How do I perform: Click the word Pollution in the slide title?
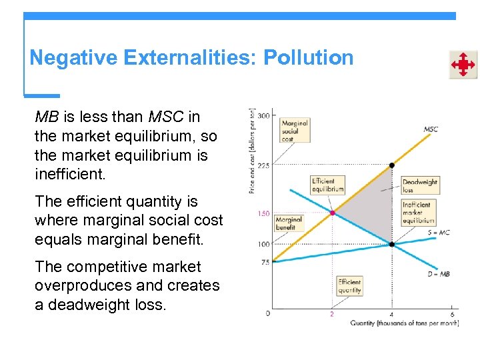point(308,58)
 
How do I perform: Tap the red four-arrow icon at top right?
point(463,65)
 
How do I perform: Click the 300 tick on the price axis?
point(263,116)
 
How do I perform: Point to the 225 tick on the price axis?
point(263,165)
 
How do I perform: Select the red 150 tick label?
point(263,214)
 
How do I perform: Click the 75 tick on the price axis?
point(265,262)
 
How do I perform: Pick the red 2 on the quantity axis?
point(331,314)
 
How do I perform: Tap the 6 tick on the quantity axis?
point(452,314)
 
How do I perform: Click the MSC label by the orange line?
point(431,129)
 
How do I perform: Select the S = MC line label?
point(438,233)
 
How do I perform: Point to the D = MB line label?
point(438,274)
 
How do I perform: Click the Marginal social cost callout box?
point(294,131)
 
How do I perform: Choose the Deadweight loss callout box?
point(420,185)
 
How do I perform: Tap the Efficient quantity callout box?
point(349,286)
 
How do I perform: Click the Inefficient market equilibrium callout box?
point(417,213)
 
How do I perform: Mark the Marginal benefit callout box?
point(289,223)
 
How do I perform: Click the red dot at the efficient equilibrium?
point(332,213)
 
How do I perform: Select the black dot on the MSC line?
point(392,165)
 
